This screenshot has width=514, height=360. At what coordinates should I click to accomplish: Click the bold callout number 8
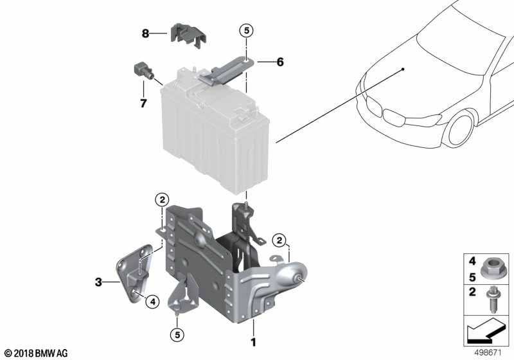(145, 33)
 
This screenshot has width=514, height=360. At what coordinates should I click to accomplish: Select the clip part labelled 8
(188, 37)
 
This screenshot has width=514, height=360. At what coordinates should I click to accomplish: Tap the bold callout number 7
(143, 104)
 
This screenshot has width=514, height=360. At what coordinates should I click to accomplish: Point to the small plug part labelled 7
(143, 71)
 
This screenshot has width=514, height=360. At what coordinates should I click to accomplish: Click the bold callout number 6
(280, 62)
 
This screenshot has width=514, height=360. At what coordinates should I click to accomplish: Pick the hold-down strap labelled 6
(226, 71)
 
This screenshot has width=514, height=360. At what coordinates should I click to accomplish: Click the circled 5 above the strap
(247, 30)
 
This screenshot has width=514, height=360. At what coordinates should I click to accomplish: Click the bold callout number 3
(98, 282)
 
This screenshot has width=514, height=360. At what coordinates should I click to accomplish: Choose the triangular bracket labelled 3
(134, 273)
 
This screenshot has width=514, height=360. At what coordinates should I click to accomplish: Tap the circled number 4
(152, 301)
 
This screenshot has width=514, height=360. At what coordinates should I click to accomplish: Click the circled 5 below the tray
(177, 335)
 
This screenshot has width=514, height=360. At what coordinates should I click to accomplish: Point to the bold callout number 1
(253, 342)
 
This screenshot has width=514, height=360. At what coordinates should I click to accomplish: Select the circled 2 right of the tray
(279, 240)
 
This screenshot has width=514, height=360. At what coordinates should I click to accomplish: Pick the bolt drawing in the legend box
(492, 300)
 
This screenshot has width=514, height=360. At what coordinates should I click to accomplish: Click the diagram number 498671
(488, 353)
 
